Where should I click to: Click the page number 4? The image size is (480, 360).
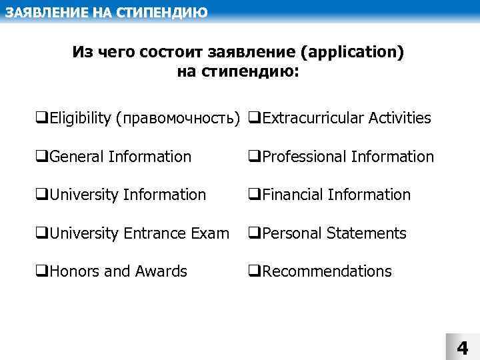click(462, 348)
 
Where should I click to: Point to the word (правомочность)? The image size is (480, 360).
click(177, 119)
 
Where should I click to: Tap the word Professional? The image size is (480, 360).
click(304, 157)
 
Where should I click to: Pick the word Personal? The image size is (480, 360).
click(290, 233)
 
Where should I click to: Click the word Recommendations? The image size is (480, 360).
click(327, 271)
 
